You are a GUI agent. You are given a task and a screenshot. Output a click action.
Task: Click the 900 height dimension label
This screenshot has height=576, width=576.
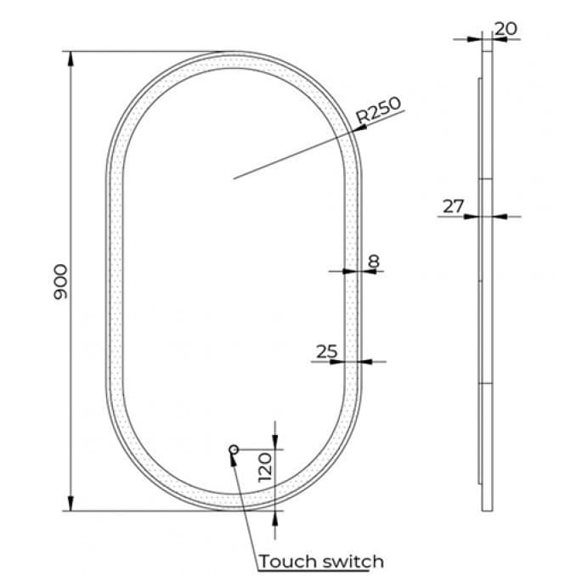[60, 280]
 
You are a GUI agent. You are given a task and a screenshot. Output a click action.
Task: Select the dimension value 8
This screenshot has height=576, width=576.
[373, 262]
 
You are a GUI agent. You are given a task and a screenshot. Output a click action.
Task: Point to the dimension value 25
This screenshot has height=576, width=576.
[326, 351]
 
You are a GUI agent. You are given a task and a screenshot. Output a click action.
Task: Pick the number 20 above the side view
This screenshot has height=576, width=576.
[505, 28]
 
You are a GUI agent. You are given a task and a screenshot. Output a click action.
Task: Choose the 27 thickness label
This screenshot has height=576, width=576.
[454, 206]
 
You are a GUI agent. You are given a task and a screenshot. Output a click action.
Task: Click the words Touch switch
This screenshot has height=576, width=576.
[321, 562]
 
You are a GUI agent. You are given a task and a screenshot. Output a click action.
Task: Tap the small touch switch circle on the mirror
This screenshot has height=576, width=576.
[234, 449]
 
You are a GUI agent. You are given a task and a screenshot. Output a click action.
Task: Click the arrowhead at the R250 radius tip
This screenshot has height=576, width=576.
[360, 127]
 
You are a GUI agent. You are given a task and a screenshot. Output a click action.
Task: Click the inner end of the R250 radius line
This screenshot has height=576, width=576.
[234, 178]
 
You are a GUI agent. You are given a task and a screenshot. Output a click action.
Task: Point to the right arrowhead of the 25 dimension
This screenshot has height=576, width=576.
[367, 361]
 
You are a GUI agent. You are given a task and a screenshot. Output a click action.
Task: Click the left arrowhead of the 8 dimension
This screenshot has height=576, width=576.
[347, 271]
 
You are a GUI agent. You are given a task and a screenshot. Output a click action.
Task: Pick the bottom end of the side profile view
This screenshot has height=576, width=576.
[487, 510]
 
